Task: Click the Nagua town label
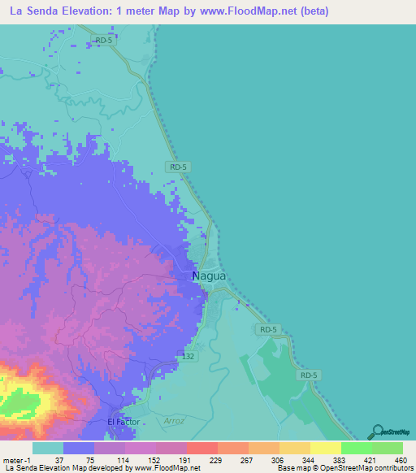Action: point(209,276)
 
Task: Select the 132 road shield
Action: point(188,356)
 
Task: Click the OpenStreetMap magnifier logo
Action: point(376,432)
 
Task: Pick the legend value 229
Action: point(216,460)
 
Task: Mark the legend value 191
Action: point(185,460)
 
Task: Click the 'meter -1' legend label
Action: point(15,460)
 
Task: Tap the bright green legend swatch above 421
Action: point(356,448)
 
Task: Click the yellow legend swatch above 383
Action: point(325,448)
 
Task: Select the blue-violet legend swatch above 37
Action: point(78,448)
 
